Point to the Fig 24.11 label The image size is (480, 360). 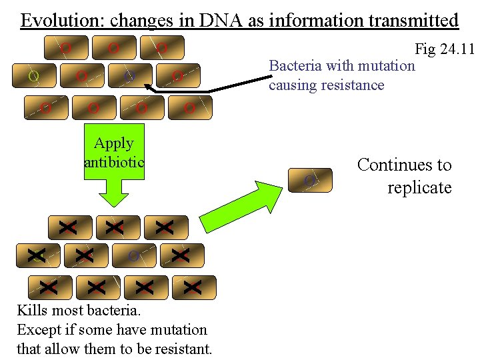(x=444, y=49)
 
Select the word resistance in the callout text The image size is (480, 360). (x=353, y=85)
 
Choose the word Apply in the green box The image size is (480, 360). (x=114, y=143)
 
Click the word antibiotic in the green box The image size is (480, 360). (x=114, y=161)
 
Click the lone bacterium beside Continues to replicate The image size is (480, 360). (x=309, y=181)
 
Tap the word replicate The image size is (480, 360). (x=419, y=187)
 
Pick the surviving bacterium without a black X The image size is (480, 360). (x=133, y=255)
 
